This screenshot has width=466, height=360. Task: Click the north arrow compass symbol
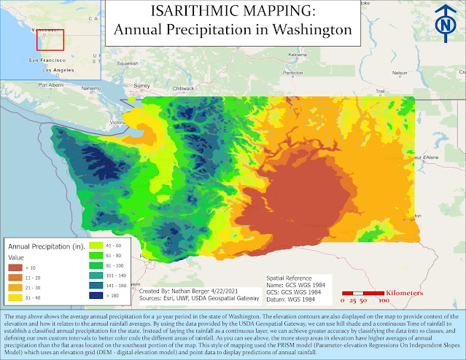click(443, 22)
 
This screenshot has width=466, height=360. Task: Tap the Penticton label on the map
click(293, 74)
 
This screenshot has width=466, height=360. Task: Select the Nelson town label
click(400, 74)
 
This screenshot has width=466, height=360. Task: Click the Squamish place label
click(126, 63)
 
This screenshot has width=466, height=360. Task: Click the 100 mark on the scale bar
click(382, 300)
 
